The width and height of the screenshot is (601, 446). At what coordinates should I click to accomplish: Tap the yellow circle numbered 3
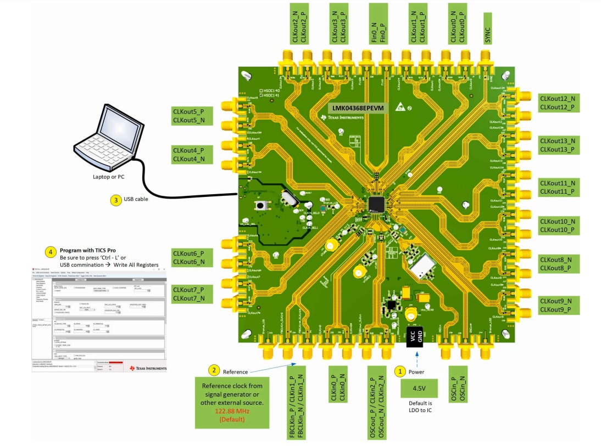[x=115, y=200]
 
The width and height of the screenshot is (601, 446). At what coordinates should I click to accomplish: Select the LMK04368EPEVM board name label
[x=358, y=108]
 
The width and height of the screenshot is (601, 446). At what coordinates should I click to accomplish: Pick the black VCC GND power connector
[x=416, y=336]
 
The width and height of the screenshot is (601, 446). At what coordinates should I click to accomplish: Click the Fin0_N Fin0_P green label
[x=378, y=24]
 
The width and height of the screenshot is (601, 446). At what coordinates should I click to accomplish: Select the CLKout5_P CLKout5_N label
[x=189, y=116]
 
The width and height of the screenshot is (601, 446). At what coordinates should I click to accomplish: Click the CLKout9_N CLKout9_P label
[x=558, y=306]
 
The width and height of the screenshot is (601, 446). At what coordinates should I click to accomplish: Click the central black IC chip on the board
[x=377, y=204]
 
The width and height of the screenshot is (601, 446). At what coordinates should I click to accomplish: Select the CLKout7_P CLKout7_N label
[x=189, y=294]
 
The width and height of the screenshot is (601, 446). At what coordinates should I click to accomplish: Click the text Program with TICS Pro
[x=87, y=250]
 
